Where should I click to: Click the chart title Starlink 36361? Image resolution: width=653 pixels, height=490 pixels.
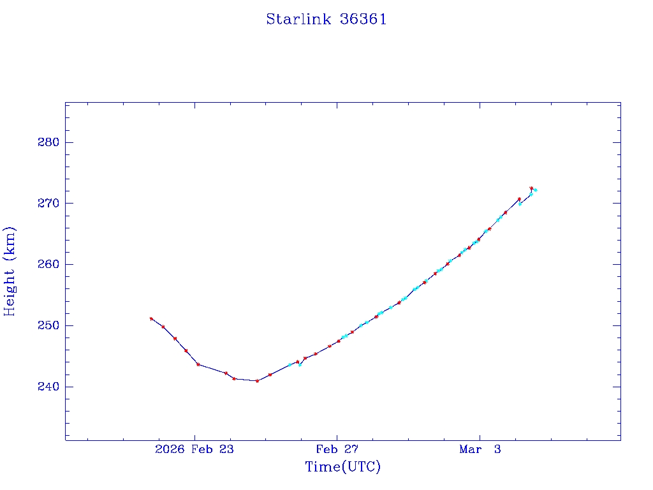click(x=326, y=19)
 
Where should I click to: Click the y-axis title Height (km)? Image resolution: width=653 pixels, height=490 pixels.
click(x=10, y=271)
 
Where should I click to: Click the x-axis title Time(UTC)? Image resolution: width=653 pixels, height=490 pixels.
click(x=342, y=467)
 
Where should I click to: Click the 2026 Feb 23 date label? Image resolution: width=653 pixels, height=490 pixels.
click(x=194, y=450)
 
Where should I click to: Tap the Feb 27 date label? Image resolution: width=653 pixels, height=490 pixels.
click(x=337, y=450)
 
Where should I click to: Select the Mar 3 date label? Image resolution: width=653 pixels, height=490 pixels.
click(x=480, y=450)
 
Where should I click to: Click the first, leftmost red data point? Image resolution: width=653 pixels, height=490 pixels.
click(x=151, y=318)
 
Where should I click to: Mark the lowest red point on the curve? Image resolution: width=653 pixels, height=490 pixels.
click(x=257, y=381)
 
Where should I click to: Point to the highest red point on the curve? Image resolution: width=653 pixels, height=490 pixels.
click(x=531, y=188)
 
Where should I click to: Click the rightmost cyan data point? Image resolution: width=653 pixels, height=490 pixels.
click(x=535, y=190)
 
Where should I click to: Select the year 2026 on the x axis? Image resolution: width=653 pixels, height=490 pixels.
click(x=170, y=450)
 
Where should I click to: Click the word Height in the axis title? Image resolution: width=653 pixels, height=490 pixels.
click(x=10, y=289)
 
